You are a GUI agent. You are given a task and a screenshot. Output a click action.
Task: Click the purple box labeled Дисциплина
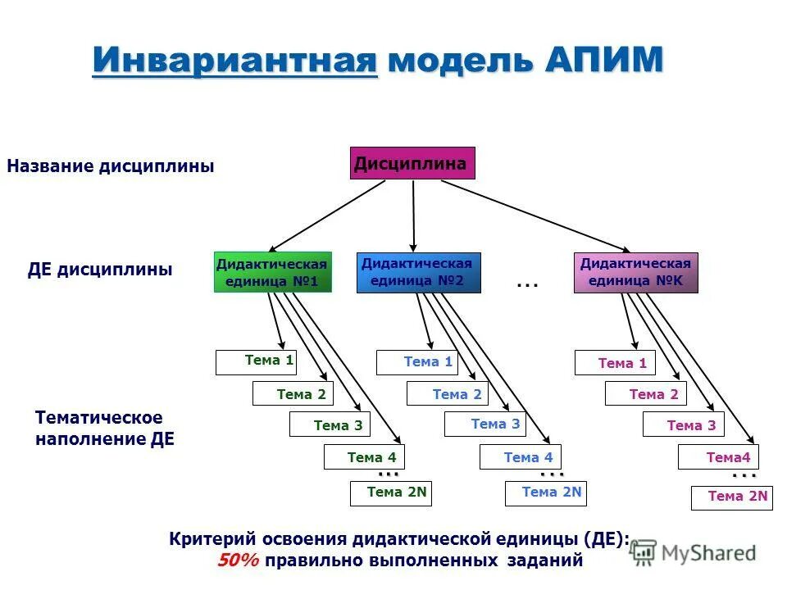[x=412, y=163]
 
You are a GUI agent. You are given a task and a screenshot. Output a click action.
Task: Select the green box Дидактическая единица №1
[x=272, y=273]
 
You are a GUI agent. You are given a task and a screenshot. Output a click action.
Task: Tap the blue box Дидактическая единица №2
[x=419, y=273]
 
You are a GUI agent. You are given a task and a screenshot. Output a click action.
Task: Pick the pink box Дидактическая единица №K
[x=635, y=273]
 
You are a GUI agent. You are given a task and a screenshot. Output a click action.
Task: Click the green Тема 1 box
[x=256, y=361]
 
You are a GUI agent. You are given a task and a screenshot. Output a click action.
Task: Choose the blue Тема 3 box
[x=484, y=424]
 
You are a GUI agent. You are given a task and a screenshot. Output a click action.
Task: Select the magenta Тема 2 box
[x=645, y=394]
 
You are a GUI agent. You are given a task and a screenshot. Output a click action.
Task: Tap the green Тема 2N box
[x=391, y=492]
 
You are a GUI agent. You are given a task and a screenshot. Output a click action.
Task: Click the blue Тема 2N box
[x=544, y=492]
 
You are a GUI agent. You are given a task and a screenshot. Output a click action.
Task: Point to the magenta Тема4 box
[x=718, y=456]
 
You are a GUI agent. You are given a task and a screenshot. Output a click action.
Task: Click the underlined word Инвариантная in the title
[x=235, y=61]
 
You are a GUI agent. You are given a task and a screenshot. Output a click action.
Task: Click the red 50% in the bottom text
[x=238, y=561]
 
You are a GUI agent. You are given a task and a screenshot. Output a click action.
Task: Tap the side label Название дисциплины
[x=111, y=166]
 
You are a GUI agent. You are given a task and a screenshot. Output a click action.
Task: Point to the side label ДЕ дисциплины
[x=100, y=270]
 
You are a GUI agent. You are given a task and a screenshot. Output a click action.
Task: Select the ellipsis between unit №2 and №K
[x=526, y=284]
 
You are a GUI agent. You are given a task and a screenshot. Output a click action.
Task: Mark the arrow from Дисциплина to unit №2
[x=413, y=215]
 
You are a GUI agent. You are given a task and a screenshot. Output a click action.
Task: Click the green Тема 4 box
[x=364, y=456]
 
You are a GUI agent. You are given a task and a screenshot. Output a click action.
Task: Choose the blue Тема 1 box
[x=416, y=362]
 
